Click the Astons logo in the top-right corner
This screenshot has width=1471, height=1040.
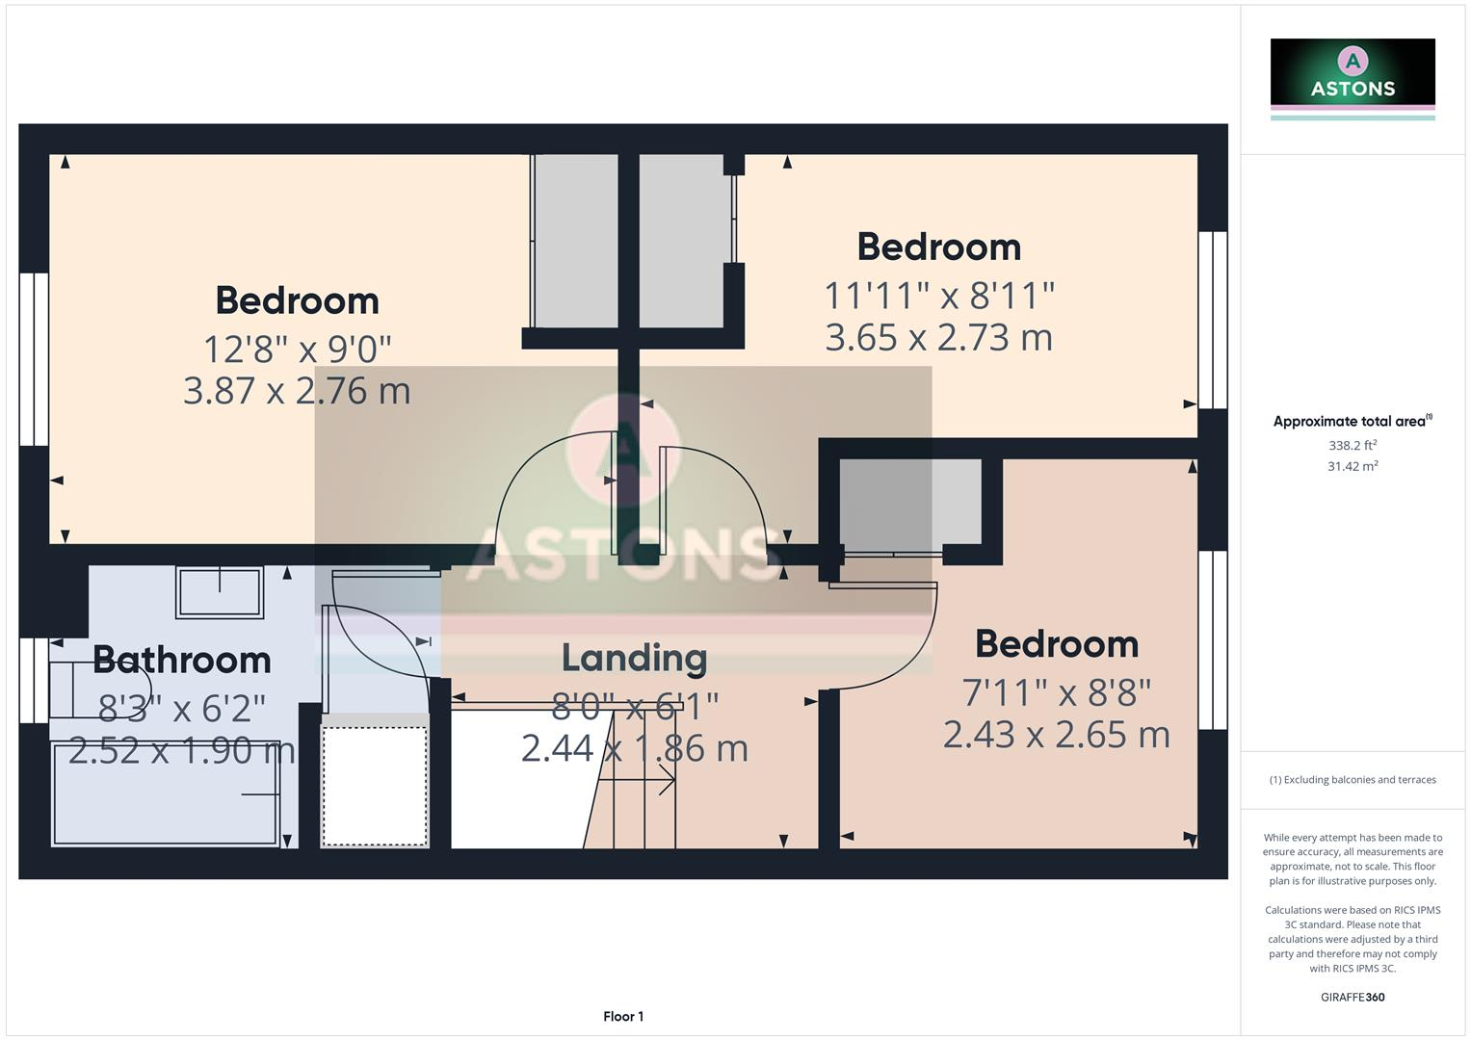click(1353, 78)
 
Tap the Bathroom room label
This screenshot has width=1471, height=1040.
click(182, 661)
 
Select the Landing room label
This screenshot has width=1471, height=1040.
click(634, 658)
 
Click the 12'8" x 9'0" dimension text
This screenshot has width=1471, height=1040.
click(297, 349)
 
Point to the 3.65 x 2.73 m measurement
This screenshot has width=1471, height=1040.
click(938, 338)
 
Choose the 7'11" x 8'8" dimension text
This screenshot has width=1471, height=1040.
click(1057, 692)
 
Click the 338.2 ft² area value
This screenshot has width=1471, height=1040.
click(1353, 446)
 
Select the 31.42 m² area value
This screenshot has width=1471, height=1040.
click(1353, 467)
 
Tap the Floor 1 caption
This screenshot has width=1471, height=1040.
click(623, 1017)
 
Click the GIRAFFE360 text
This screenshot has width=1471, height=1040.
click(1353, 998)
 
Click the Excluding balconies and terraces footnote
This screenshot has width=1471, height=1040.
click(1353, 780)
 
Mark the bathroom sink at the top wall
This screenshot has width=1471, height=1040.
click(220, 591)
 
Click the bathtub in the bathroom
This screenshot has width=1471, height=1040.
click(166, 793)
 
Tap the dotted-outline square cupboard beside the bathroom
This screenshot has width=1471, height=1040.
click(375, 786)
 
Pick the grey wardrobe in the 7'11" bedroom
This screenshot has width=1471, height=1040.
click(910, 503)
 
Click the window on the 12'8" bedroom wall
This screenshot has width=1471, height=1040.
click(34, 359)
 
